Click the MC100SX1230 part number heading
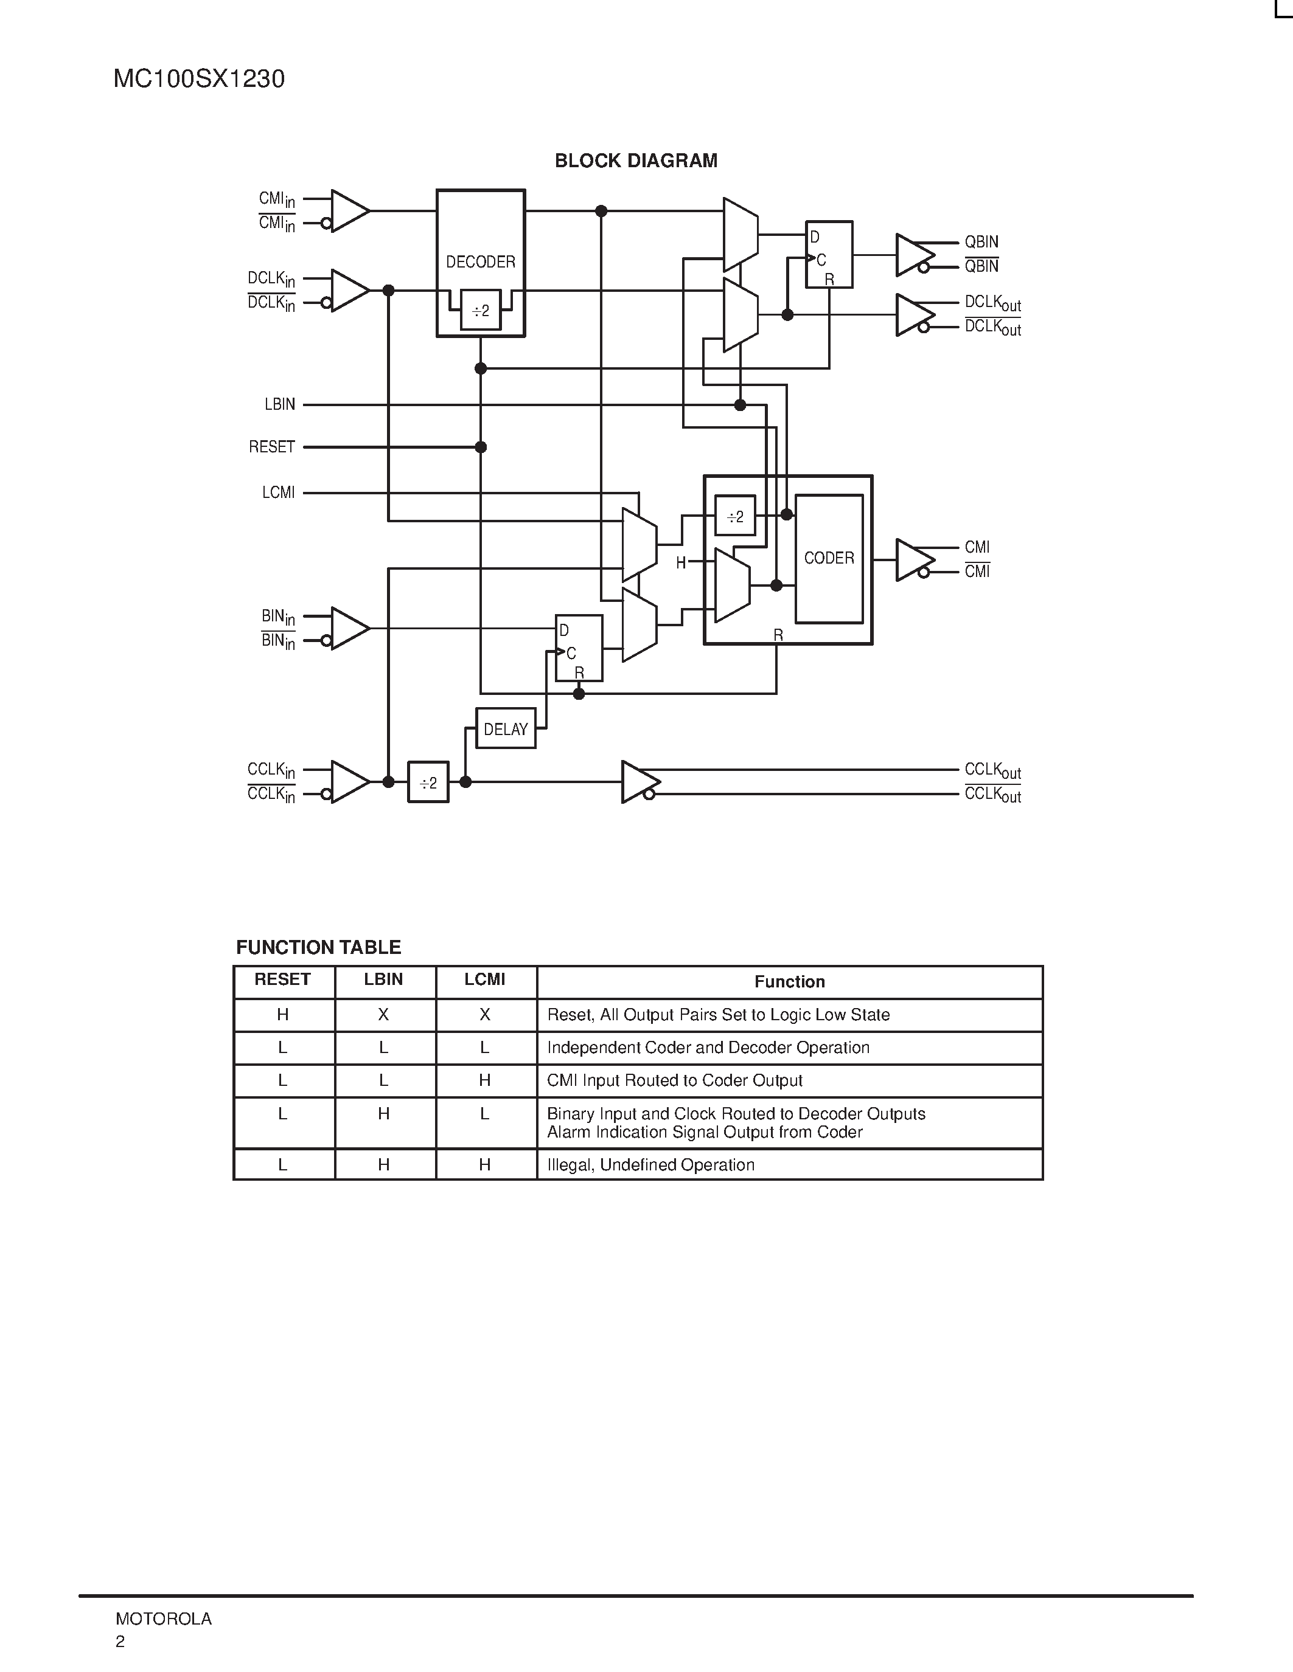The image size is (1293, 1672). click(198, 79)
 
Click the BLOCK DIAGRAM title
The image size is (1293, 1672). click(636, 161)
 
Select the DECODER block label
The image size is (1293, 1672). click(480, 262)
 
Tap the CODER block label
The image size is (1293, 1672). click(829, 558)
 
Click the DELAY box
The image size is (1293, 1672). click(506, 729)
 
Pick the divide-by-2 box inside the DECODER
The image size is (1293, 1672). click(480, 311)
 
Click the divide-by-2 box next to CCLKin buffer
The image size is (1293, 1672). click(428, 782)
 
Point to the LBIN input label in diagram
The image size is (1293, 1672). click(279, 404)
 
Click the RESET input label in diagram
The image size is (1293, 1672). click(272, 447)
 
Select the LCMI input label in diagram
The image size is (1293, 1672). click(278, 493)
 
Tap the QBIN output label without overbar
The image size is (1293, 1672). click(981, 242)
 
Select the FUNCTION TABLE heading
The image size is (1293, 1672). click(318, 947)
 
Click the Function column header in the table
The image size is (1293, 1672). click(789, 981)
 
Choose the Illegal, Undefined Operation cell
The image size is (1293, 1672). click(650, 1164)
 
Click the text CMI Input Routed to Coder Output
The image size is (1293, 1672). click(674, 1080)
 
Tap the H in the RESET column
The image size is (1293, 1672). click(283, 1014)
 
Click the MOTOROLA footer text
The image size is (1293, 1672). click(163, 1618)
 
